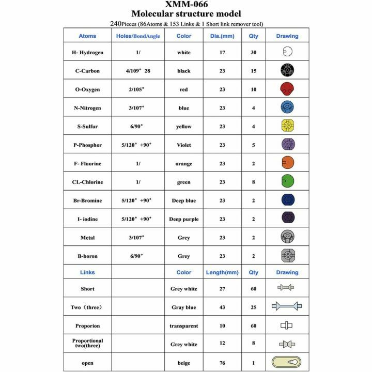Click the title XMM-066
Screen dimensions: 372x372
(x=186, y=5)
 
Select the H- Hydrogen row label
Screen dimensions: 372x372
(x=87, y=52)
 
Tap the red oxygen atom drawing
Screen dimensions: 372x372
(x=287, y=89)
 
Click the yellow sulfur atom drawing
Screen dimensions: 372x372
(x=287, y=126)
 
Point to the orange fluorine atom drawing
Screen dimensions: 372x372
(x=287, y=163)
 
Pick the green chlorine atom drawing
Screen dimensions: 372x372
(x=287, y=182)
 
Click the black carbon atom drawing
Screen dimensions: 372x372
(x=287, y=70)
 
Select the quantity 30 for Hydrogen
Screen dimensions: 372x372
(x=254, y=52)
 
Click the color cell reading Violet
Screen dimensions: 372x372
(x=183, y=145)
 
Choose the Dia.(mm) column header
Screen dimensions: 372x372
(x=222, y=36)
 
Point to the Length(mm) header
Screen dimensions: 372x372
(x=222, y=272)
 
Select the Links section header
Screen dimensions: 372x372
(x=87, y=272)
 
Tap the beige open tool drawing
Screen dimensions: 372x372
(x=287, y=363)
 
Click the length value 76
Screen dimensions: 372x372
(x=222, y=363)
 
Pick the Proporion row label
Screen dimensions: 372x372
(x=87, y=326)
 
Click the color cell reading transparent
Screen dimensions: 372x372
(x=183, y=326)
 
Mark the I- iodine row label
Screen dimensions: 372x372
(x=87, y=219)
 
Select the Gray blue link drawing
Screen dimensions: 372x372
(x=287, y=307)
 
